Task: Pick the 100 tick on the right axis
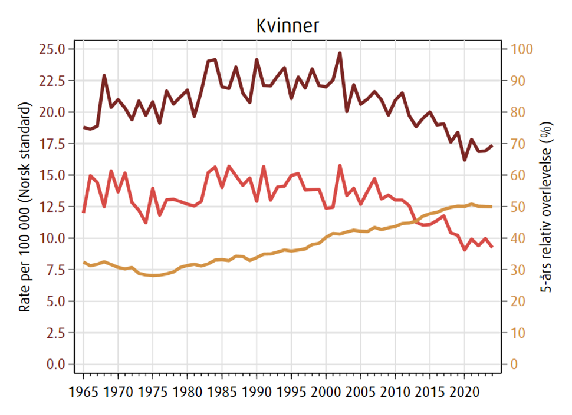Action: coord(521,49)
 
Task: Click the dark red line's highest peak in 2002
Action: coord(340,53)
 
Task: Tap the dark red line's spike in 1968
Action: coord(104,75)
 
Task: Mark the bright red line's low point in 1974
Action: coord(146,223)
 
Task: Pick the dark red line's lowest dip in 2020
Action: coord(465,160)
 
